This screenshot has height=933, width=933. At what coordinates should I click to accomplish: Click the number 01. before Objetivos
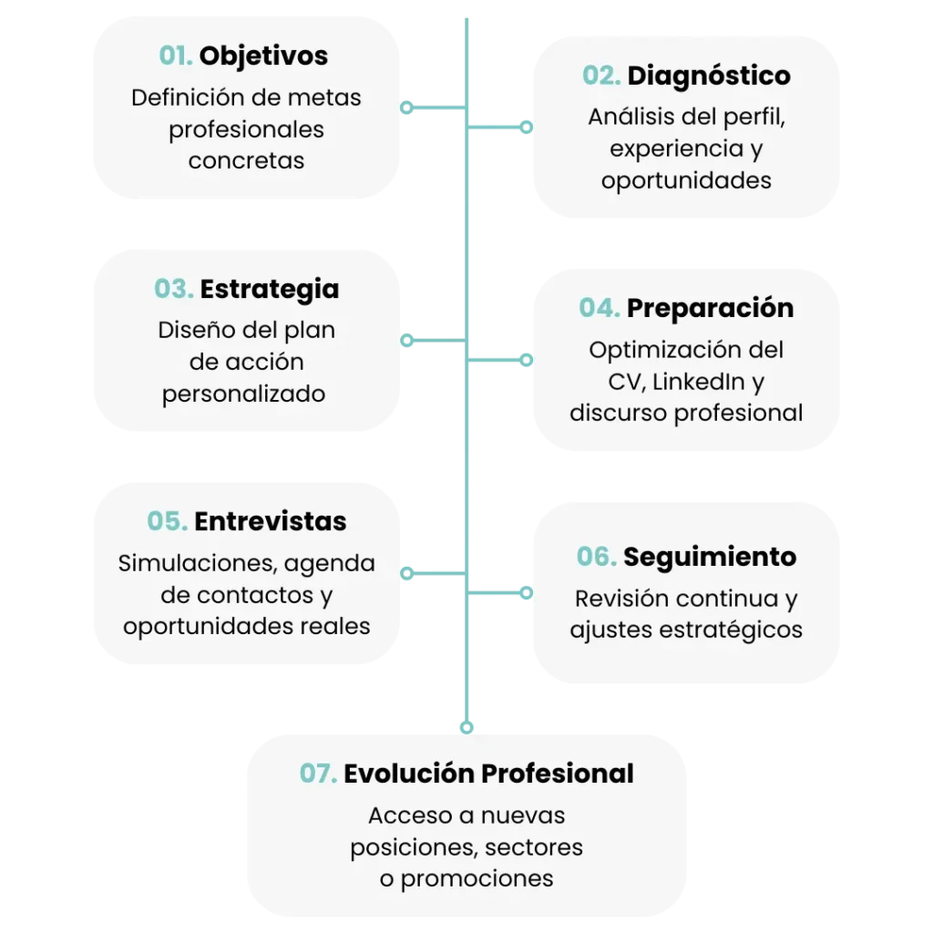pyautogui.click(x=177, y=56)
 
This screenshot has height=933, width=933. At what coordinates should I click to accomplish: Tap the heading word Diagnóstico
pyautogui.click(x=709, y=76)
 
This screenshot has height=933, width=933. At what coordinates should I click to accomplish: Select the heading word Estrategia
pyautogui.click(x=270, y=289)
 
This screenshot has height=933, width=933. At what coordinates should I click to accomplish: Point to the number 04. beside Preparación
pyautogui.click(x=600, y=308)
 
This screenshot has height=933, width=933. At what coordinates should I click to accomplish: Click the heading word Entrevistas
pyautogui.click(x=271, y=521)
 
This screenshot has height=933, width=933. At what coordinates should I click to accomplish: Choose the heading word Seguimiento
pyautogui.click(x=710, y=557)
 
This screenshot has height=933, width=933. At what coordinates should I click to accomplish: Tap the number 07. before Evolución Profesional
pyautogui.click(x=319, y=774)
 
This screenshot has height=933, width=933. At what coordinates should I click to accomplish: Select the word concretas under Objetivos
pyautogui.click(x=246, y=161)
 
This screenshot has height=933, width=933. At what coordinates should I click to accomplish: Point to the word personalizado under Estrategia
pyautogui.click(x=244, y=395)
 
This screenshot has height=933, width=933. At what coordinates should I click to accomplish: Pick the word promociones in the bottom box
pyautogui.click(x=477, y=879)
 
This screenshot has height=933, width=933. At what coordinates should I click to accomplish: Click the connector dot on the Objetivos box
pyautogui.click(x=407, y=107)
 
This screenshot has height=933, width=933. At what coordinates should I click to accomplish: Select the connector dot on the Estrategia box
pyautogui.click(x=407, y=340)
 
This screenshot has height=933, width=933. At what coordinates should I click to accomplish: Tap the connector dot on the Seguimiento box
pyautogui.click(x=526, y=593)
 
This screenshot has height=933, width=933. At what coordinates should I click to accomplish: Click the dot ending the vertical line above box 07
pyautogui.click(x=466, y=726)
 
